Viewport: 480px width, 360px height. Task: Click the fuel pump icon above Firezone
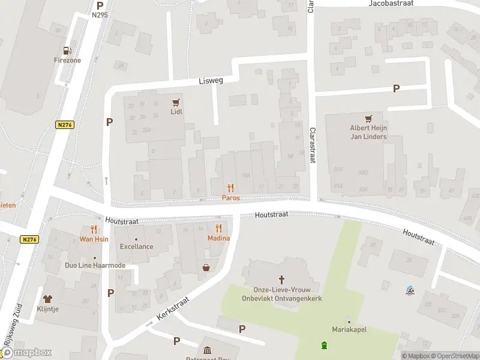67,50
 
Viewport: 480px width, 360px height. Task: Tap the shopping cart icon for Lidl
176,102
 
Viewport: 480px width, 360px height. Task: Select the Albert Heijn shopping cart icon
368,118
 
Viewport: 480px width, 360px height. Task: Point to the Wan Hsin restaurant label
94,239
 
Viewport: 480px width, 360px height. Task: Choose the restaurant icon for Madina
218,228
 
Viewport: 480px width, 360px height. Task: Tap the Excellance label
136,246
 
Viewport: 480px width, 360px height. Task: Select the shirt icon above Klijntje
48,298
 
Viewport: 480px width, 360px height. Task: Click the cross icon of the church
281,280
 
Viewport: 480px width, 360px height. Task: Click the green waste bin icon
324,345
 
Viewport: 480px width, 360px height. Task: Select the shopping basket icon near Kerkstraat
206,268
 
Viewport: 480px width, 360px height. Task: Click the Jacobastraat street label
393,4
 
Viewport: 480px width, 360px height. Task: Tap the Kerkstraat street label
173,309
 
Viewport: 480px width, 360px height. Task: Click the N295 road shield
100,14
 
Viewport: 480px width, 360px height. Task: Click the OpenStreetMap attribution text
454,355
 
